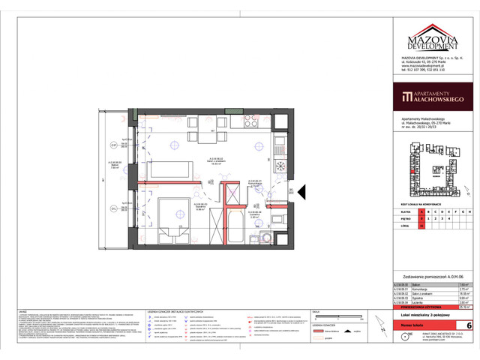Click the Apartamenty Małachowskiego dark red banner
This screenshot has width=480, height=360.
point(434,97)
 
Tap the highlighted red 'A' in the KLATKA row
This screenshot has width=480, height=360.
point(421,212)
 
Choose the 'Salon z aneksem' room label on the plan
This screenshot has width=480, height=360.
point(217,160)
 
